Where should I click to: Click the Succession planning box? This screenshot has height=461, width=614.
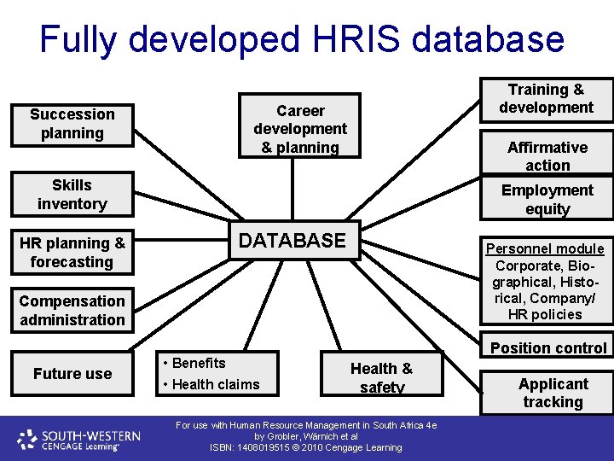tap(72, 124)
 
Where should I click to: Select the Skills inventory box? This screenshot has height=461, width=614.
tap(72, 194)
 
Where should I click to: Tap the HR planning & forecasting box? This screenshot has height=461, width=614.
tap(72, 252)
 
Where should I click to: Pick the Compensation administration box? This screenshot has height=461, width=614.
tap(72, 310)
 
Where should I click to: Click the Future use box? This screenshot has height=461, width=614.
tap(72, 373)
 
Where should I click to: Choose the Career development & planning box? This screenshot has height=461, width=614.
tap(300, 129)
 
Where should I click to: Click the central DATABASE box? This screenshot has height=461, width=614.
tap(292, 241)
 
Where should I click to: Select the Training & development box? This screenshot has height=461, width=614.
tap(546, 99)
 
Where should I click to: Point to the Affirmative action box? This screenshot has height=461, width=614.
tap(547, 156)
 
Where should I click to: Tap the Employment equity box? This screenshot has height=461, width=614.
tap(547, 199)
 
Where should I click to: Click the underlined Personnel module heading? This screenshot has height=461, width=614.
tap(545, 248)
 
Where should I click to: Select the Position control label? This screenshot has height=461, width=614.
tap(548, 347)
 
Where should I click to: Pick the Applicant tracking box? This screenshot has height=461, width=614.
tap(553, 393)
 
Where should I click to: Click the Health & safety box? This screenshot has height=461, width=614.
tap(381, 377)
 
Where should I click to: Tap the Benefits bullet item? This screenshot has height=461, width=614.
tap(198, 363)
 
